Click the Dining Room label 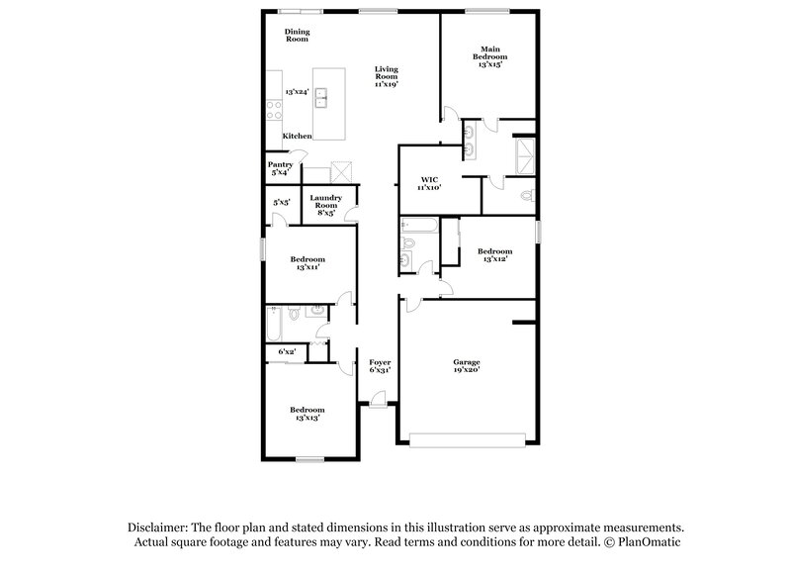point(298,36)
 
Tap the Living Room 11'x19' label point(386,77)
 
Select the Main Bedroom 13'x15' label point(491,55)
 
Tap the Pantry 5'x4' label point(280,168)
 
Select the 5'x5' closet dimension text point(281,203)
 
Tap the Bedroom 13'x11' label point(308,263)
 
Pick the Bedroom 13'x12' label point(494,255)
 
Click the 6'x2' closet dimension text point(286,351)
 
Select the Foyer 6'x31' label point(380,366)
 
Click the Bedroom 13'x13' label point(308,413)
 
